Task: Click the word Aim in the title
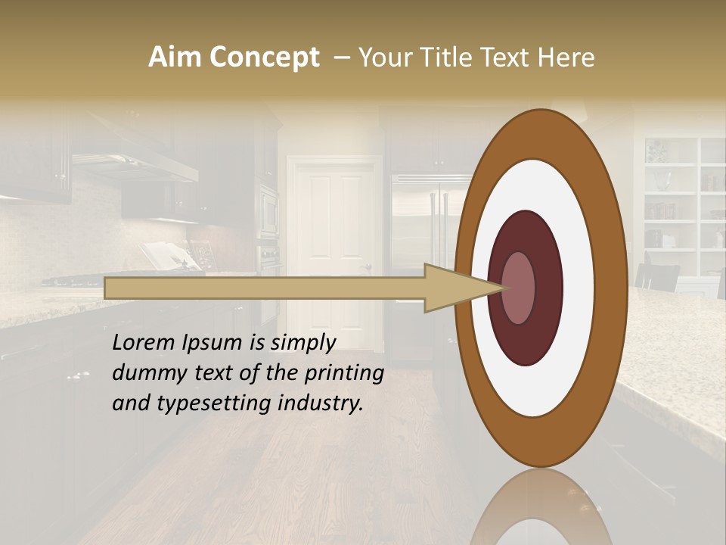tap(175, 58)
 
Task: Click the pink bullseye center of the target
tap(520, 288)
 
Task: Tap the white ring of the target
tap(575, 288)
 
